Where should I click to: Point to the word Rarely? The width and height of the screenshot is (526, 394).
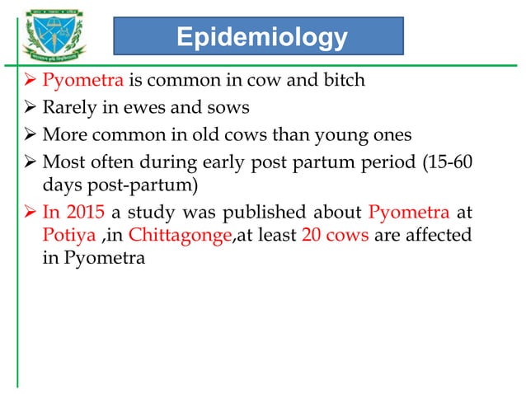(x=70, y=107)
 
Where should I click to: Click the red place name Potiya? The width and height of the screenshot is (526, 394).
(x=67, y=237)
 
